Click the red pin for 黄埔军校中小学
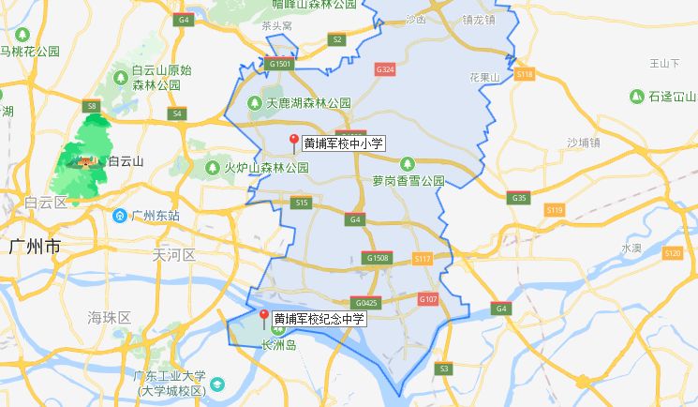click(x=293, y=143)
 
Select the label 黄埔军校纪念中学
click(x=319, y=319)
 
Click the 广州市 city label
click(x=34, y=247)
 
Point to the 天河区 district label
click(x=174, y=254)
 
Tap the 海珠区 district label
click(x=110, y=316)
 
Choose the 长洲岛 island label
click(x=278, y=345)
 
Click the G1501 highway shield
click(x=280, y=64)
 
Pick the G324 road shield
click(x=385, y=70)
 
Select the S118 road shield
click(x=525, y=73)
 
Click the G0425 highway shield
click(x=366, y=303)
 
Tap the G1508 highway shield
click(x=378, y=257)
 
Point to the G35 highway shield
click(x=518, y=198)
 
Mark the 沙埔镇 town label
click(x=583, y=143)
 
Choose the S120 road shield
click(x=672, y=253)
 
